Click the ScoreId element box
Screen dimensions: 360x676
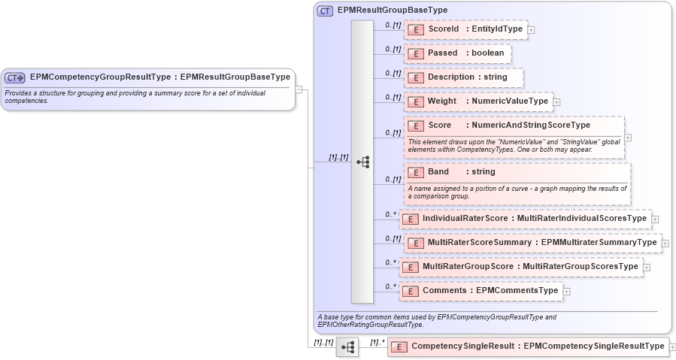466,29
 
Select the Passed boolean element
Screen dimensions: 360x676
458,53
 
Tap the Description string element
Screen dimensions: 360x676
464,77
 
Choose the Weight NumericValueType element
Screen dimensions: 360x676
479,101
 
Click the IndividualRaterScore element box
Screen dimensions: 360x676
524,219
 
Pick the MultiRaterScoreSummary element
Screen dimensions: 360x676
532,243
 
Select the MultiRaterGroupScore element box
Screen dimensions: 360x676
520,267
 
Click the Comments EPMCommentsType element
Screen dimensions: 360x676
480,291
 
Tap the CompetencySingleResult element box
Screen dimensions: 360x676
528,346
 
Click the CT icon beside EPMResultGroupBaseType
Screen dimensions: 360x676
325,11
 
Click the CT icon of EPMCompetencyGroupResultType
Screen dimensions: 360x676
15,77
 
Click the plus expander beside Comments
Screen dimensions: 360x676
567,291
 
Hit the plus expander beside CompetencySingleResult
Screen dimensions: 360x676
672,346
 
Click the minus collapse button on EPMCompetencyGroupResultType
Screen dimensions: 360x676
299,89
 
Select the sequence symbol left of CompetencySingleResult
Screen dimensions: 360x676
347,346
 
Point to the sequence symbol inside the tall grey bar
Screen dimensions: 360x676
362,162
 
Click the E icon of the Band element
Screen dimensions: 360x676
417,172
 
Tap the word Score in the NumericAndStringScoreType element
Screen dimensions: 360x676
439,126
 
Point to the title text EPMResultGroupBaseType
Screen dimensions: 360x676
392,11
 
